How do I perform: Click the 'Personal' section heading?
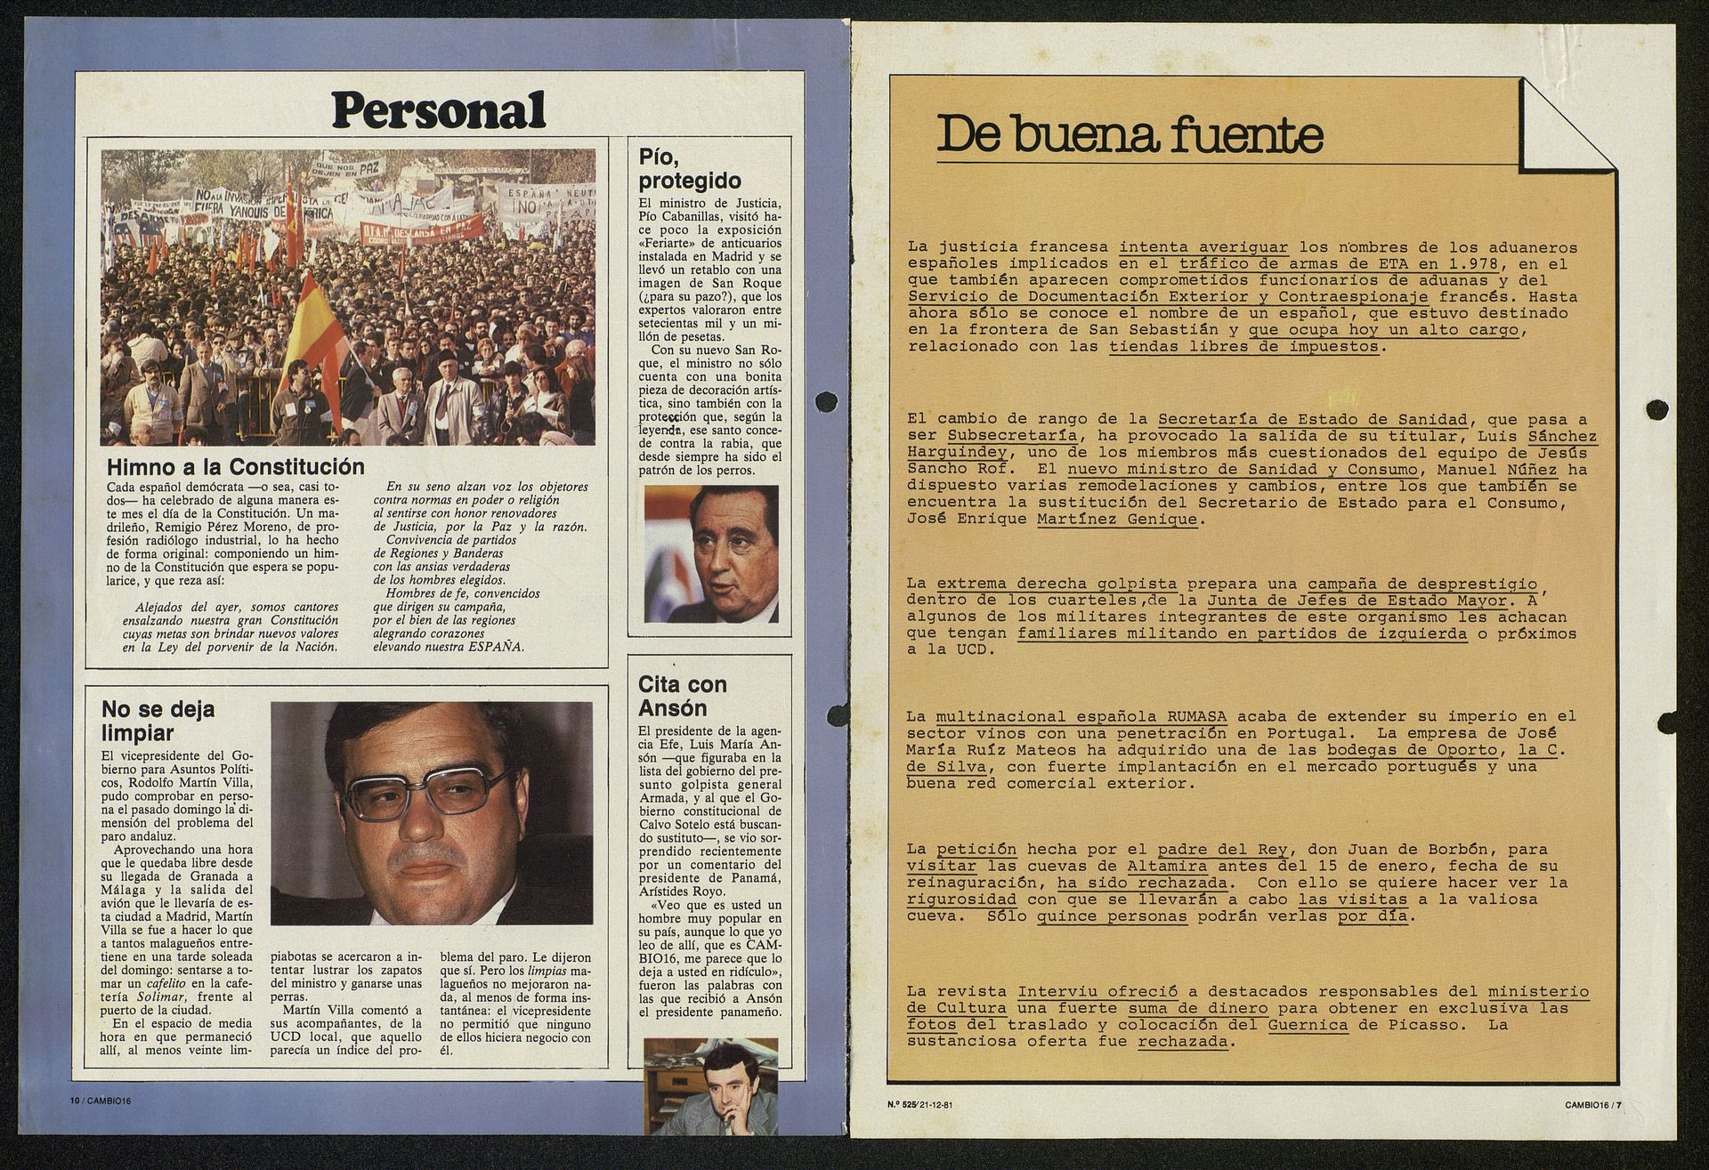pos(439,110)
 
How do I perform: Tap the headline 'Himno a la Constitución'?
pos(235,467)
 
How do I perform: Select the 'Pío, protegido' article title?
pos(690,169)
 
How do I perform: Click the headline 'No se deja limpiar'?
pos(158,722)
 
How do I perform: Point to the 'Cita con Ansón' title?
pos(682,696)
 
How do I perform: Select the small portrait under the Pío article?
pos(710,553)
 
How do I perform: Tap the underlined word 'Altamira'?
pos(1166,866)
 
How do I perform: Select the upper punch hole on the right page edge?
pos(1656,409)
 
